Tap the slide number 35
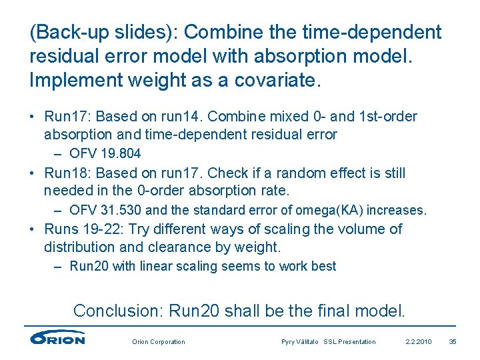pyautogui.click(x=453, y=342)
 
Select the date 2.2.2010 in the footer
pyautogui.click(x=419, y=342)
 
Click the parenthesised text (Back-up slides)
pyautogui.click(x=103, y=32)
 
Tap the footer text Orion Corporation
pyautogui.click(x=159, y=342)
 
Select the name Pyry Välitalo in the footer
pyautogui.click(x=301, y=342)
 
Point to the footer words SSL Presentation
pyautogui.click(x=350, y=342)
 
